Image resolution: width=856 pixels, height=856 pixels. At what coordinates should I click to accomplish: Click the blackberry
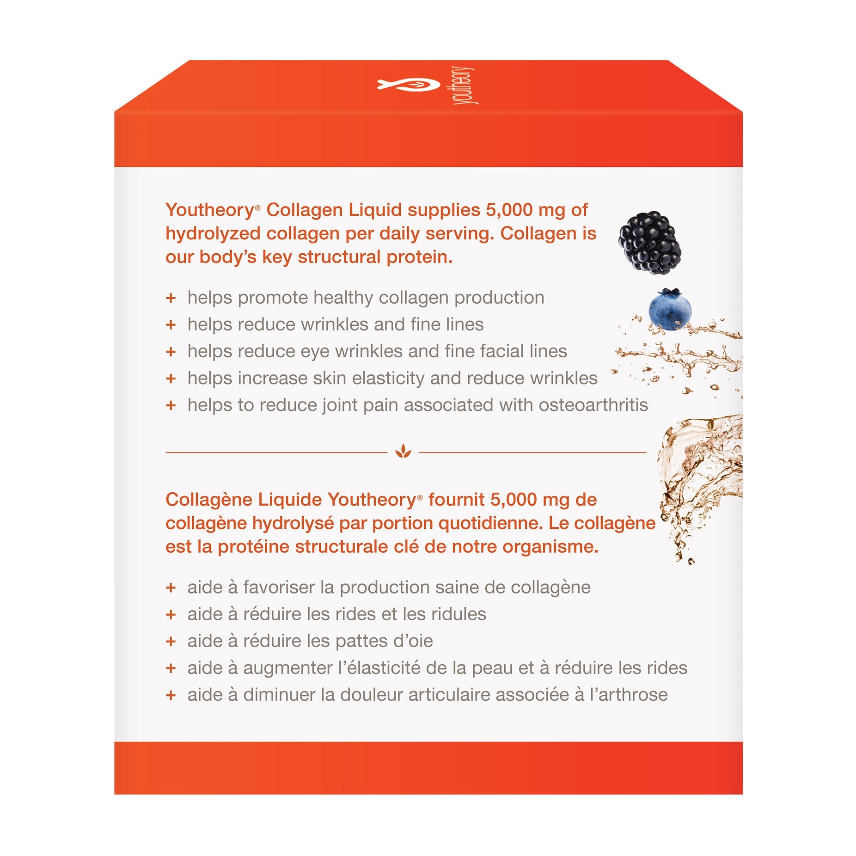point(649,243)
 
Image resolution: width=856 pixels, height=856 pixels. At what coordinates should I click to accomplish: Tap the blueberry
point(670,309)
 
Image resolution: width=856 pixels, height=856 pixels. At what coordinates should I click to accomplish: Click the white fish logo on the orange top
point(409,84)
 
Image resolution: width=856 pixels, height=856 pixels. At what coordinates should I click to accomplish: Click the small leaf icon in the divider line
point(403,451)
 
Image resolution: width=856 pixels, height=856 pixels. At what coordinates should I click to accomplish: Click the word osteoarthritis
point(593,405)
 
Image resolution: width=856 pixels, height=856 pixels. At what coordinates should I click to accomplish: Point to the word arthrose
point(633,695)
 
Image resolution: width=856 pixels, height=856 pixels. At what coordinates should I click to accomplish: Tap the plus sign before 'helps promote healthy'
point(171,298)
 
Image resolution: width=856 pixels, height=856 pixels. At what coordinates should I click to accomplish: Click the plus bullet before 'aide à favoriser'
point(171,588)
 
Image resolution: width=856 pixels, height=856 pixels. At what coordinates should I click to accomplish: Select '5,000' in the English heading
point(509,210)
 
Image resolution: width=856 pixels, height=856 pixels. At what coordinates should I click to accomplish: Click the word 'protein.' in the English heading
point(420,258)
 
